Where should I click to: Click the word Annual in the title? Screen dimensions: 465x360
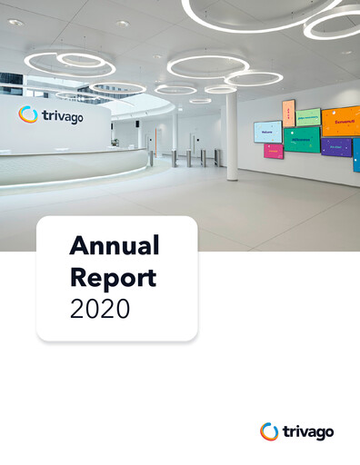[115, 245]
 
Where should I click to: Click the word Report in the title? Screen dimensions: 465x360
[114, 277]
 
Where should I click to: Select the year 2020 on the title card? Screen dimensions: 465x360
[100, 309]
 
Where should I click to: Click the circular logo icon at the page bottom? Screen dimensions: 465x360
[269, 431]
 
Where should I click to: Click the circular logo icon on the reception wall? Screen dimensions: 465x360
[27, 114]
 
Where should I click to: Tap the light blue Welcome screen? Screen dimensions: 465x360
[267, 132]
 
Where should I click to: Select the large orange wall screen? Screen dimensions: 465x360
[341, 120]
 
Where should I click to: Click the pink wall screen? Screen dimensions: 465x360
[274, 152]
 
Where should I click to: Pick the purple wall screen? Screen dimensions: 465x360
[336, 147]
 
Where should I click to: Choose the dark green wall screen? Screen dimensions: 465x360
[302, 139]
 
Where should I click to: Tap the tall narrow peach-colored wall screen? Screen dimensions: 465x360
[289, 112]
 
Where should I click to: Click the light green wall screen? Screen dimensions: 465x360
[309, 116]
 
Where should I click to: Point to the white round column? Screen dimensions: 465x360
[232, 136]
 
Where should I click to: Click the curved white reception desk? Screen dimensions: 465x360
[73, 168]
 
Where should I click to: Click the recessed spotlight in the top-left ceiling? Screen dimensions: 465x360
[15, 22]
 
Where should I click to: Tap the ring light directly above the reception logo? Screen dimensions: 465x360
[69, 64]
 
